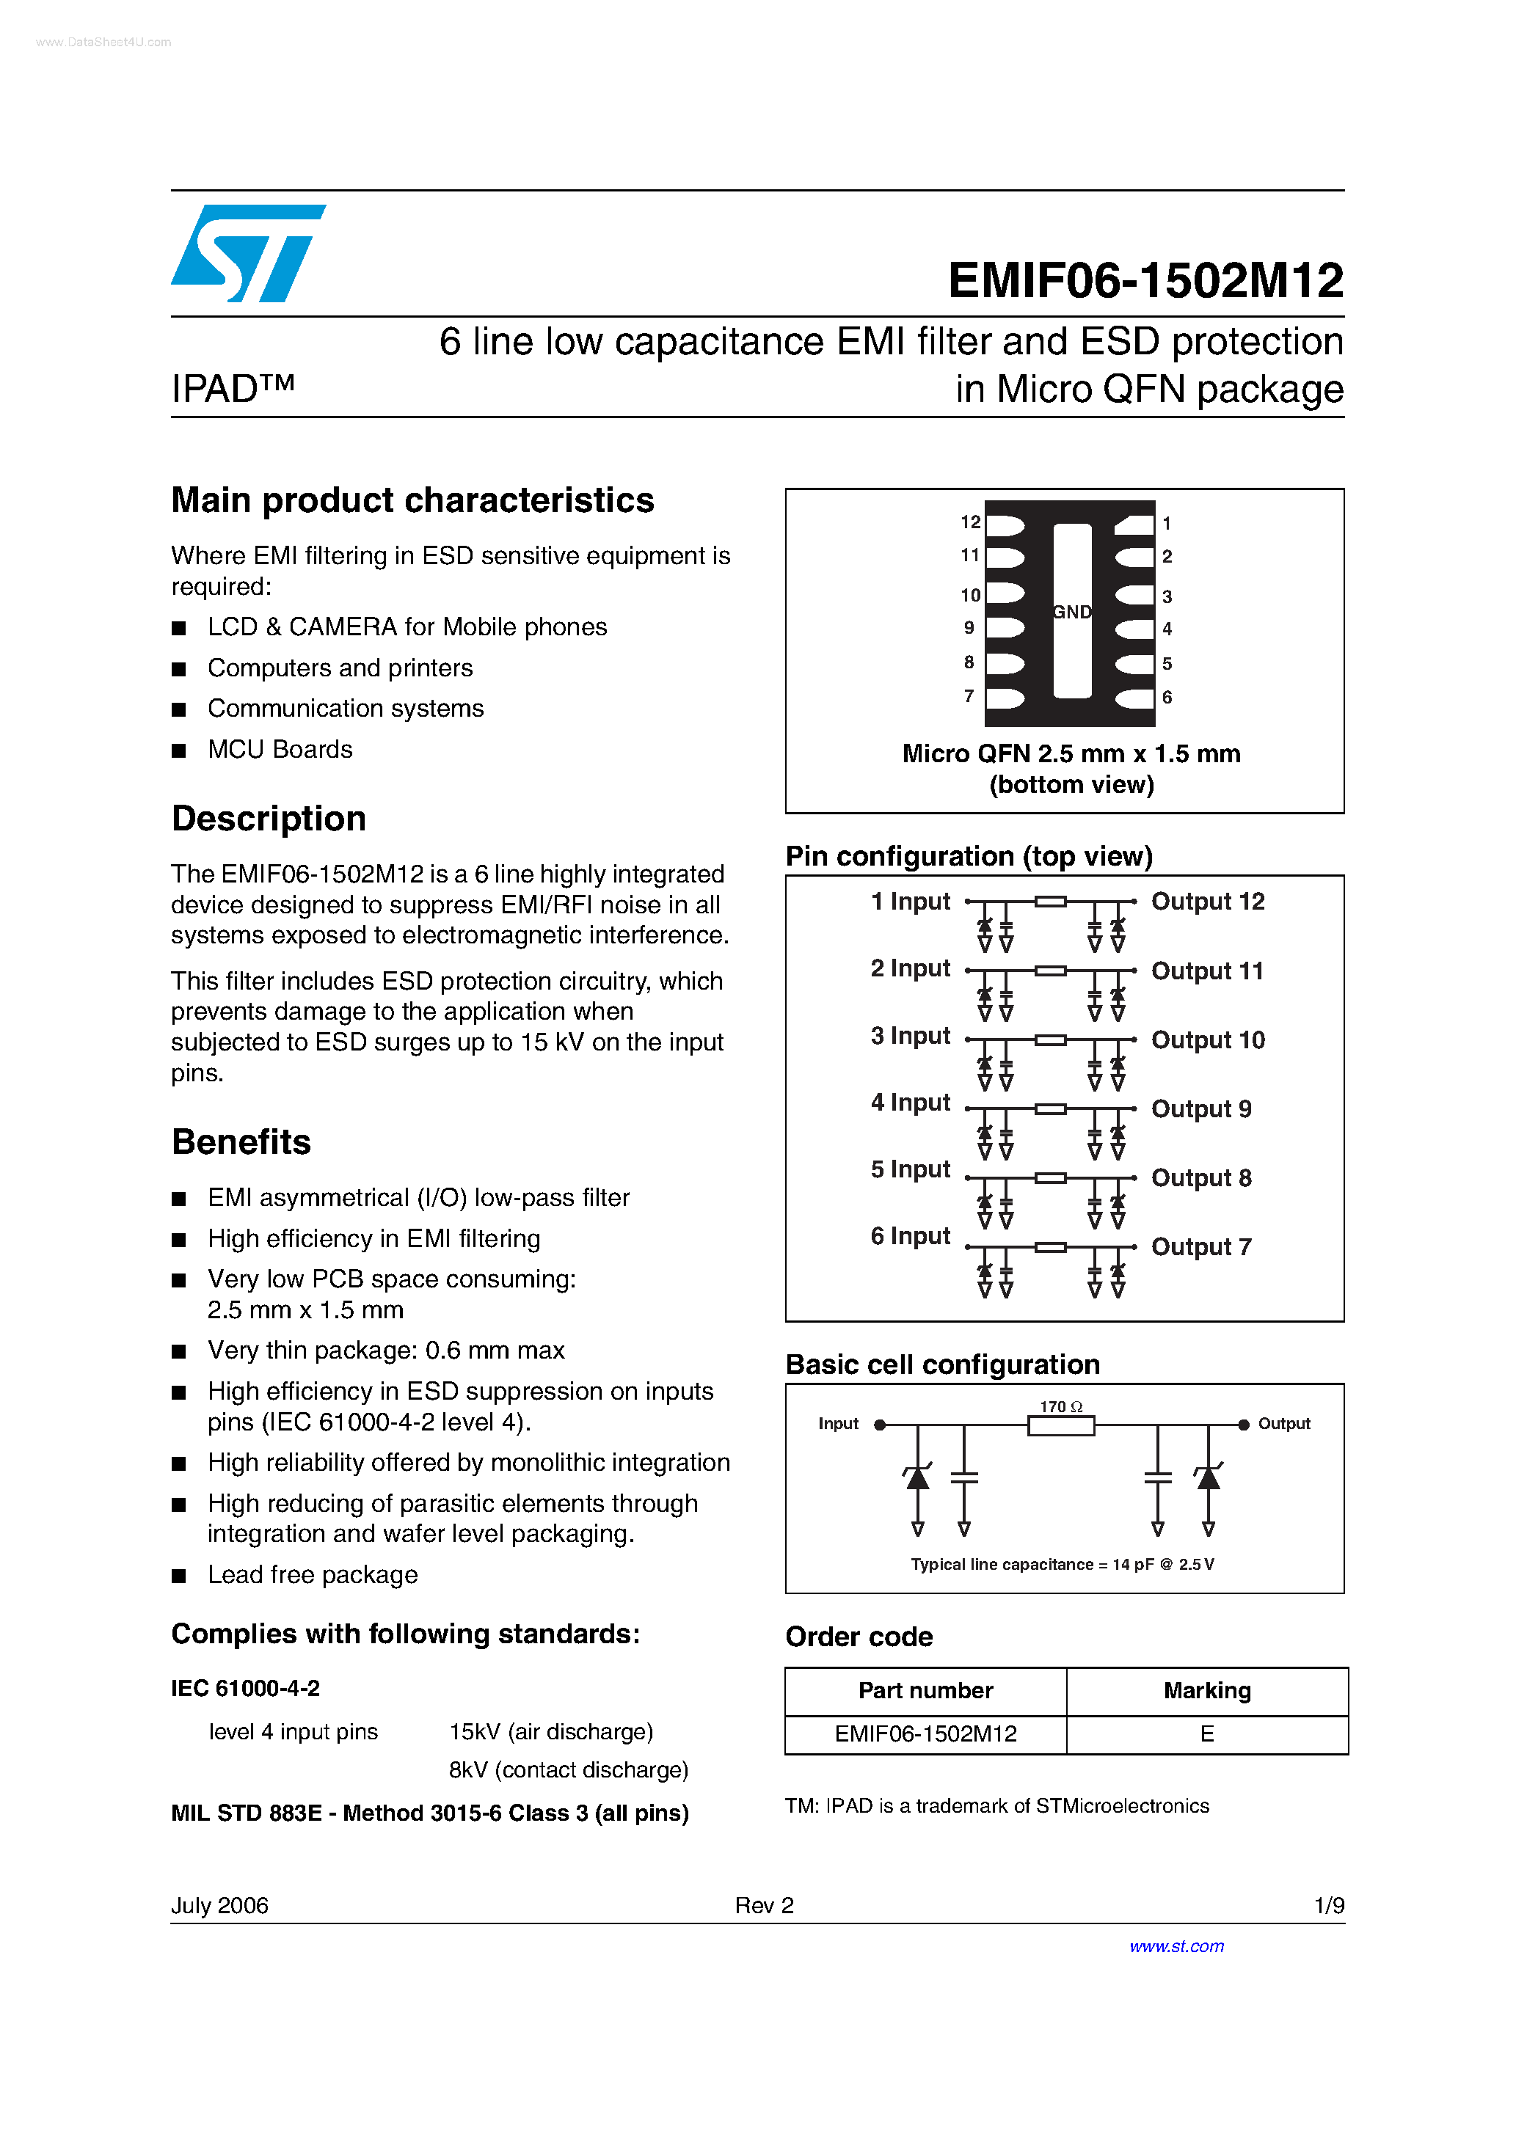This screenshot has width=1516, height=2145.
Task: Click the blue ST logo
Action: (248, 253)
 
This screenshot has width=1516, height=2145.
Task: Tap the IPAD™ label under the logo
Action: (233, 389)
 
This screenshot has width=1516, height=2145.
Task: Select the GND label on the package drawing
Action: (1071, 612)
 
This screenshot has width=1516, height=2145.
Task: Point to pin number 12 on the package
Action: (970, 522)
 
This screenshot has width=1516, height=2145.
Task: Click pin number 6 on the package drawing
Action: (1167, 698)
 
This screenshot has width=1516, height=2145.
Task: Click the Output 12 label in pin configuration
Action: (1208, 902)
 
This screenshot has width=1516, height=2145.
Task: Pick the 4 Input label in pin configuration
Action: (911, 1103)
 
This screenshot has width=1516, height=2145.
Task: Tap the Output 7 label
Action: (1201, 1247)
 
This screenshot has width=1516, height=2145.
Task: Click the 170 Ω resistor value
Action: (1061, 1407)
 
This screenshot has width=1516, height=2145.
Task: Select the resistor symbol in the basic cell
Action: (1061, 1425)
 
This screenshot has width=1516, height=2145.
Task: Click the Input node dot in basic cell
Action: (880, 1425)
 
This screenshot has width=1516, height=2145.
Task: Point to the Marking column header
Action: (1206, 1691)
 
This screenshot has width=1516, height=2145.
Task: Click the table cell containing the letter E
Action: (1206, 1734)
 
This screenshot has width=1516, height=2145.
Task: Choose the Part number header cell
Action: (925, 1691)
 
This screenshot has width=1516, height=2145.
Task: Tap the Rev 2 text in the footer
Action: (764, 1905)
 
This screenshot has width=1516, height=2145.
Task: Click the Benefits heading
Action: (241, 1141)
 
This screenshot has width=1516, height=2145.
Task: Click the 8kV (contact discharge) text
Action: (568, 1769)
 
